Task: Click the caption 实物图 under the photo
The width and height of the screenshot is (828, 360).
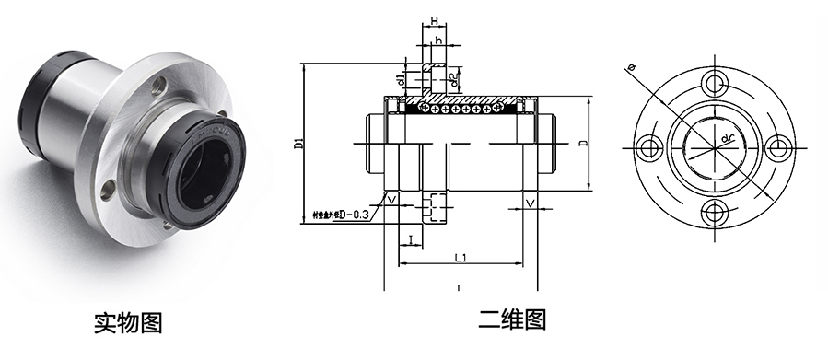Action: (129, 322)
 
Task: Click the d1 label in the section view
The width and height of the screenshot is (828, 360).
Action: (402, 80)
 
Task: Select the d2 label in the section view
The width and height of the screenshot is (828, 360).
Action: (454, 80)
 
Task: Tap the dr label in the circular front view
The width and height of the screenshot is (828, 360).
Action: (727, 139)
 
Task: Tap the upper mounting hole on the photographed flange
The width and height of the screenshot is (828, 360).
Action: (160, 87)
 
